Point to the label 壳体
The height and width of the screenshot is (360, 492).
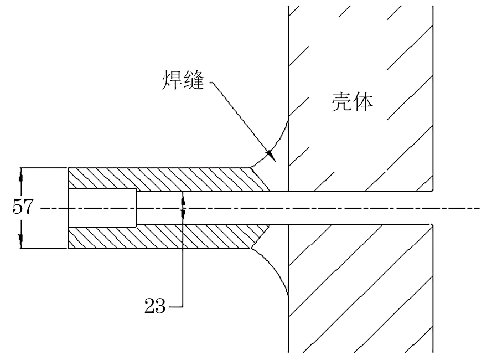351,103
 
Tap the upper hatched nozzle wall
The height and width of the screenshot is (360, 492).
166,179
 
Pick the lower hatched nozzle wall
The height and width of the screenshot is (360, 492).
166,237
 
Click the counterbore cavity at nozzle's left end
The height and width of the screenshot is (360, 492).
102,208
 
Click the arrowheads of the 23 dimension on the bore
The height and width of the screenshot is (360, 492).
183,208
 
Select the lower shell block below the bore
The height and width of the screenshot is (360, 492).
360,288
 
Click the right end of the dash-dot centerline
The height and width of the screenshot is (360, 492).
478,209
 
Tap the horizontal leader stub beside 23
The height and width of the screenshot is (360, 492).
174,306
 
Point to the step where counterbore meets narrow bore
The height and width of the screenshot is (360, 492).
136,208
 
